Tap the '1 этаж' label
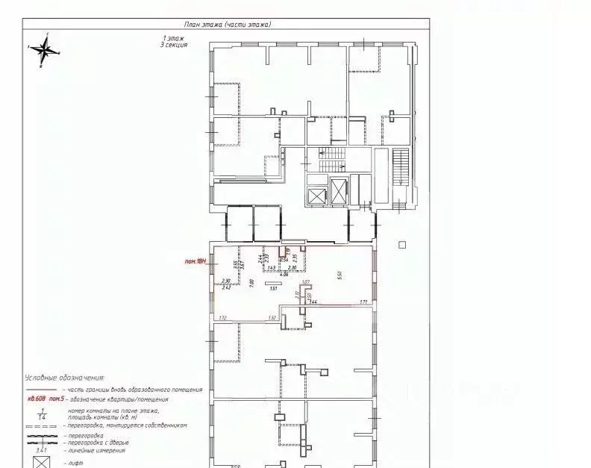(175, 37)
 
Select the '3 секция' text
(175, 45)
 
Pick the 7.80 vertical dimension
(251, 282)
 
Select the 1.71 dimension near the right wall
(363, 302)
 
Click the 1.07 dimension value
(306, 282)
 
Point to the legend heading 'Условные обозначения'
(64, 378)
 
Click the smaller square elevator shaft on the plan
(316, 196)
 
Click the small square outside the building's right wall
(401, 244)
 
